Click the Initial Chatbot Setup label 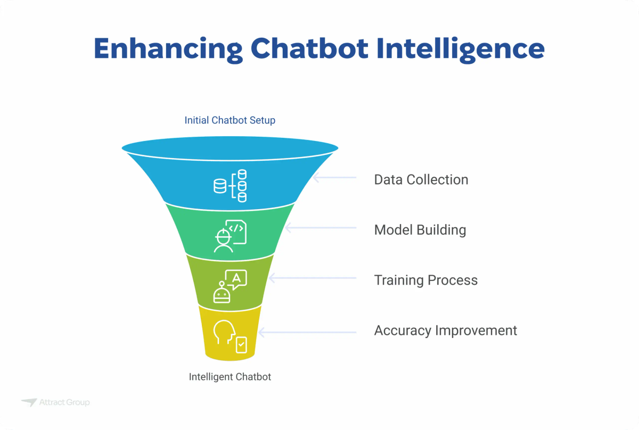click(230, 120)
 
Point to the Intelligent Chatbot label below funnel click(230, 377)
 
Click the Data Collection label click(421, 180)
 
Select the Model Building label click(420, 230)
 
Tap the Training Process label click(425, 280)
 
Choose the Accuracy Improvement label click(445, 330)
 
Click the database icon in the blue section click(230, 186)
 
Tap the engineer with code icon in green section click(230, 235)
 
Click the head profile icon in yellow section click(224, 333)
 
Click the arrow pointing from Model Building click(320, 228)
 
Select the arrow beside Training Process click(312, 278)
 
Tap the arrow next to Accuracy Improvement click(306, 332)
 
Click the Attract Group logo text click(64, 403)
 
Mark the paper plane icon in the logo click(29, 403)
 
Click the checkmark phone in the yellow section click(241, 345)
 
